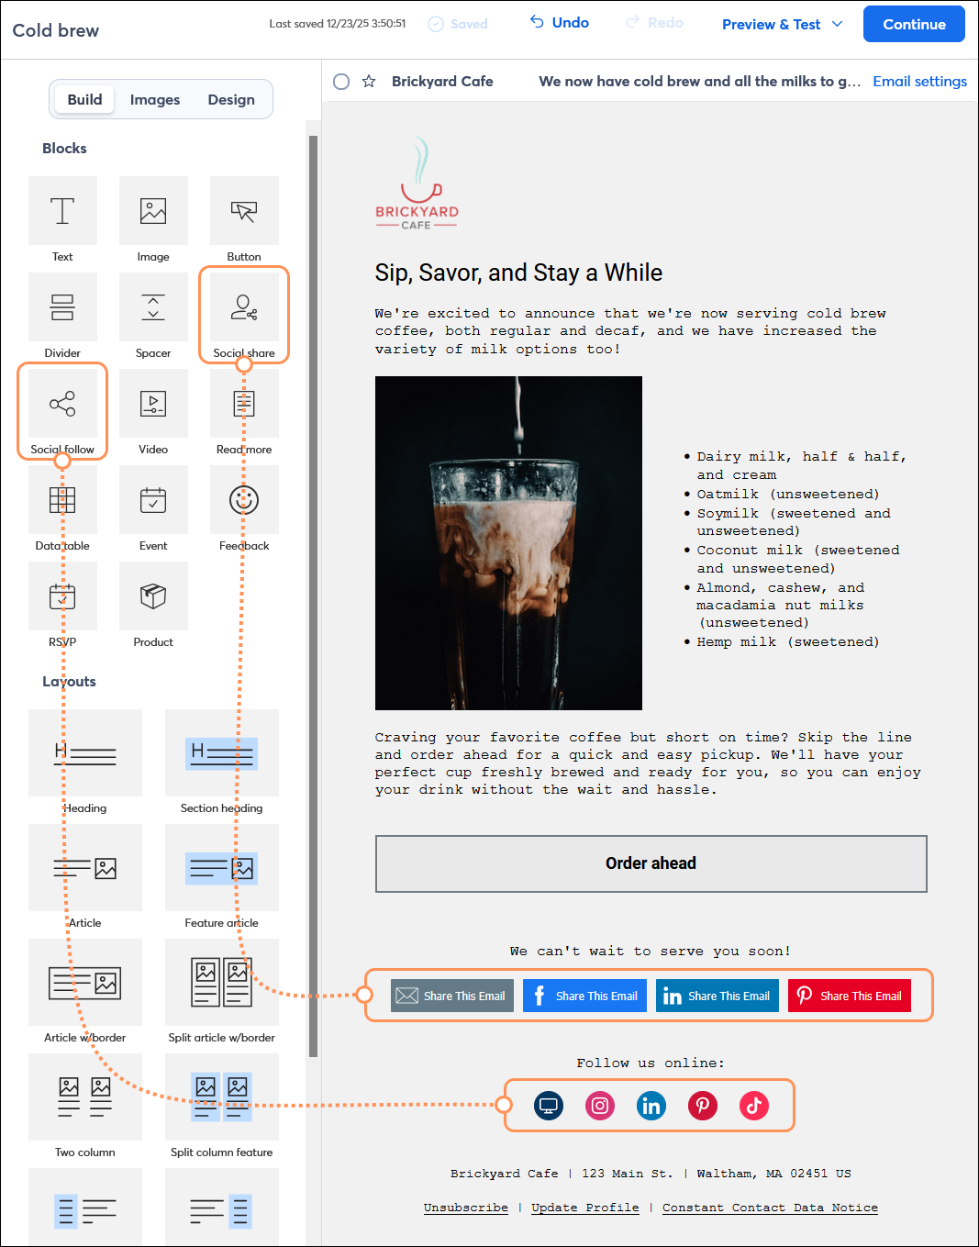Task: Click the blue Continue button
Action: (x=913, y=25)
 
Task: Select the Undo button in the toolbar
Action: (x=560, y=23)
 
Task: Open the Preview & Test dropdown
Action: (x=782, y=25)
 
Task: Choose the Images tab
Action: (x=155, y=100)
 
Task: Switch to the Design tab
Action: (x=231, y=100)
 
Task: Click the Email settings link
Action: (x=919, y=82)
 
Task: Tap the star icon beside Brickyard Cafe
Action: (x=369, y=82)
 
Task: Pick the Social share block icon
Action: (x=244, y=308)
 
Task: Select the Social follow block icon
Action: (x=62, y=405)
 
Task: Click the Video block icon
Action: (x=153, y=405)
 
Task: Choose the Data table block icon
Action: (x=62, y=501)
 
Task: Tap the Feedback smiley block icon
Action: (x=244, y=501)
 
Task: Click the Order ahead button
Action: (x=651, y=863)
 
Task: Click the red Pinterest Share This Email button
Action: (x=849, y=996)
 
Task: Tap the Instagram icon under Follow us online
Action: (x=600, y=1106)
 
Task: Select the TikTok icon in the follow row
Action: (x=754, y=1106)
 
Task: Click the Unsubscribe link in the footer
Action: (x=465, y=1208)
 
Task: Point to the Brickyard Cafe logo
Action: (x=417, y=184)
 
